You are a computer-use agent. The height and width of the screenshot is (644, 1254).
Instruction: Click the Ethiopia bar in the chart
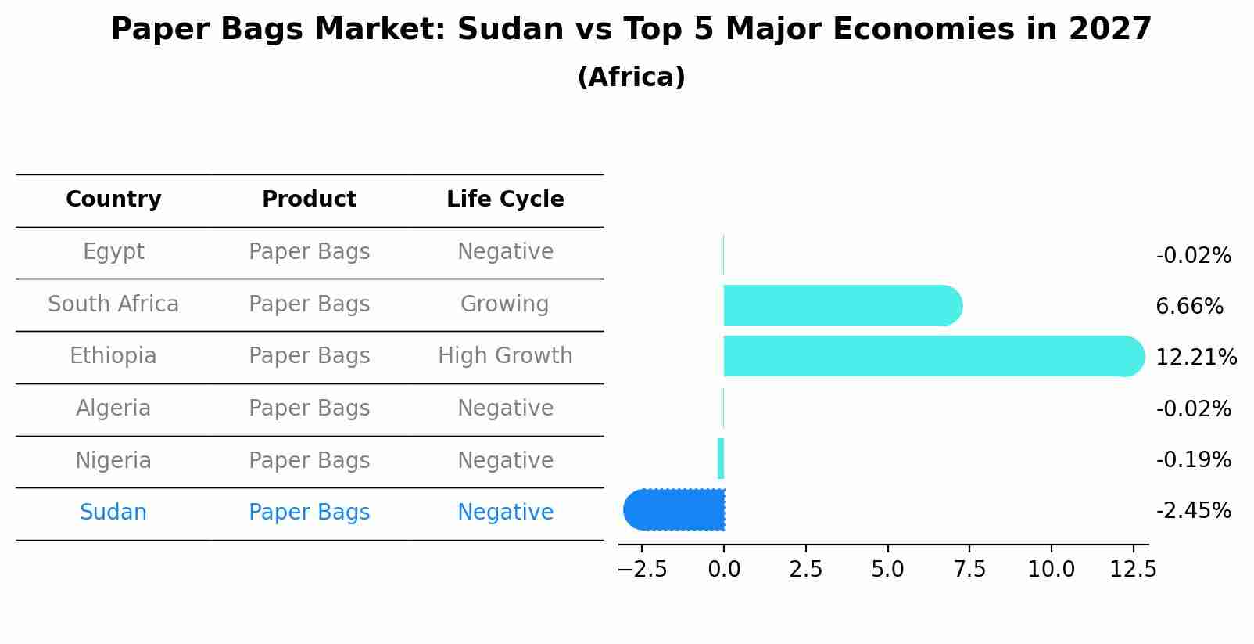[930, 356]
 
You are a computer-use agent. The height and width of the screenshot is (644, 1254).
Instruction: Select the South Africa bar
[840, 305]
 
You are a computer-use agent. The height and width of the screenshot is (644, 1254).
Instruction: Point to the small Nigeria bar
[721, 459]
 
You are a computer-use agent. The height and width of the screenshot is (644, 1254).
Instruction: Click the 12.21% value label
[1195, 358]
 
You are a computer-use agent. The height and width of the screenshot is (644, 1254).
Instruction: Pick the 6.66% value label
[1189, 307]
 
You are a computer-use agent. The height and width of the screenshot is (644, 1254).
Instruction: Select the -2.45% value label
[1193, 511]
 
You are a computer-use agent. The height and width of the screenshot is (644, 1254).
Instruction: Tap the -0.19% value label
[1193, 460]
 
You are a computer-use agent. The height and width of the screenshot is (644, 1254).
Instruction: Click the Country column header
[113, 200]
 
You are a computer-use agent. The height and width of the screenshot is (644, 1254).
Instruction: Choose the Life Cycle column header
[505, 200]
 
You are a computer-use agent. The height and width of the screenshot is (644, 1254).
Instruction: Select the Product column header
[309, 200]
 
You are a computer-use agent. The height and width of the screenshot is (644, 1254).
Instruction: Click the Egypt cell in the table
[113, 252]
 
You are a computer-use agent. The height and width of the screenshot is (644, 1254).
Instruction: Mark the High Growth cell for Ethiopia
[505, 356]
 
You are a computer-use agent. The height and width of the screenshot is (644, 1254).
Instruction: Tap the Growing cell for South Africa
[504, 304]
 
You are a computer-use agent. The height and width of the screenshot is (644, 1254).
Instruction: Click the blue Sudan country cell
[113, 513]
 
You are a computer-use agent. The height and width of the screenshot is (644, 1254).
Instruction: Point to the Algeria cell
[113, 408]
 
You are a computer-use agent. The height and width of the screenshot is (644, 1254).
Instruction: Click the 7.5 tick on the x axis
[969, 570]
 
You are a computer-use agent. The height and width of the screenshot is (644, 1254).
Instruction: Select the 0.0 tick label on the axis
[724, 570]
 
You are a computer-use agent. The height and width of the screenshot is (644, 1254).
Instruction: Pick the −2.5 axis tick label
[642, 570]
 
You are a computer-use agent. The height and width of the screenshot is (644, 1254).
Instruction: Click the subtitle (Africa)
[631, 77]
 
